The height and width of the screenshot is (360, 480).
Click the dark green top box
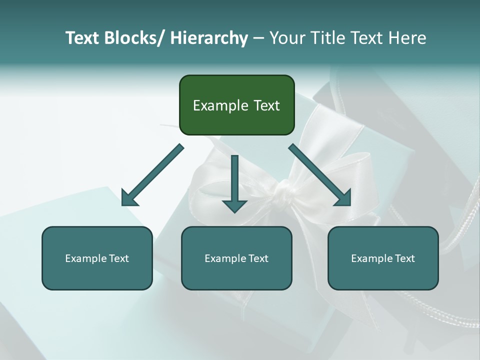tap(236, 105)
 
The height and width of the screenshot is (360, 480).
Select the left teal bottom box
tap(97, 258)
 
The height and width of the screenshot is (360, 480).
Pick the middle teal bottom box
tap(236, 258)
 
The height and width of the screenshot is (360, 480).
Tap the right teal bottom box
tap(383, 258)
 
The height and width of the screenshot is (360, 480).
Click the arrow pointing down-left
tap(152, 175)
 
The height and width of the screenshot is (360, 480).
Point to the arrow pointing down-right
tap(320, 175)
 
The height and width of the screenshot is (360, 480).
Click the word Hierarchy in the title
tap(209, 38)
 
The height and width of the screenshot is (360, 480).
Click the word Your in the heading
tap(286, 38)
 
